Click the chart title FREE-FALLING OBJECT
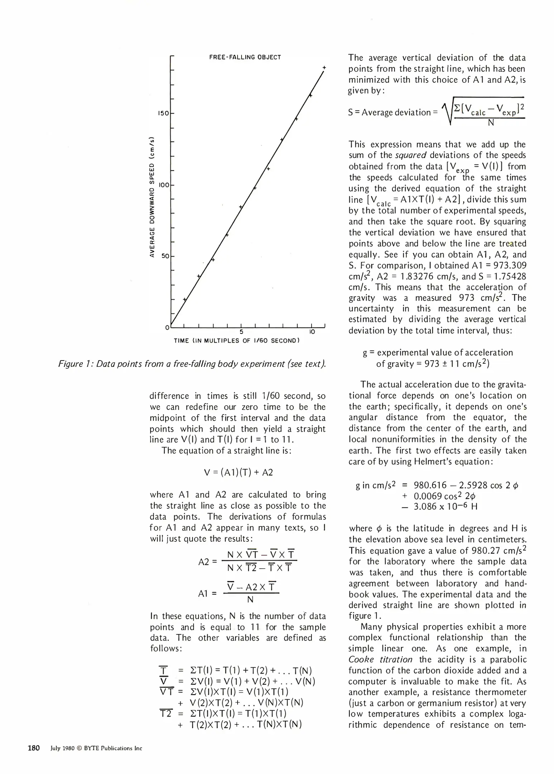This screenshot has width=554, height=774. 245,57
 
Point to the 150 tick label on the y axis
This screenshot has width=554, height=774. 163,114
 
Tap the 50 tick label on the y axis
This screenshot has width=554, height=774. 165,257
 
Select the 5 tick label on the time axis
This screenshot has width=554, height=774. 242,332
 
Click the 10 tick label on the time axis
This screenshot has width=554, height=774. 312,332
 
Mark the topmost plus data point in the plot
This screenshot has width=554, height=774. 324,67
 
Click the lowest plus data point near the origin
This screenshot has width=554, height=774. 185,299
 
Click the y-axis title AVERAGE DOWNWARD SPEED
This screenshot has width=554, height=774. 152,197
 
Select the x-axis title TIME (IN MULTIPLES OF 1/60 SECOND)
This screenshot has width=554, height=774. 237,341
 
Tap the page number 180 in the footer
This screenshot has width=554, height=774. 34,748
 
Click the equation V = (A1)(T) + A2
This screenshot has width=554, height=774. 238,473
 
